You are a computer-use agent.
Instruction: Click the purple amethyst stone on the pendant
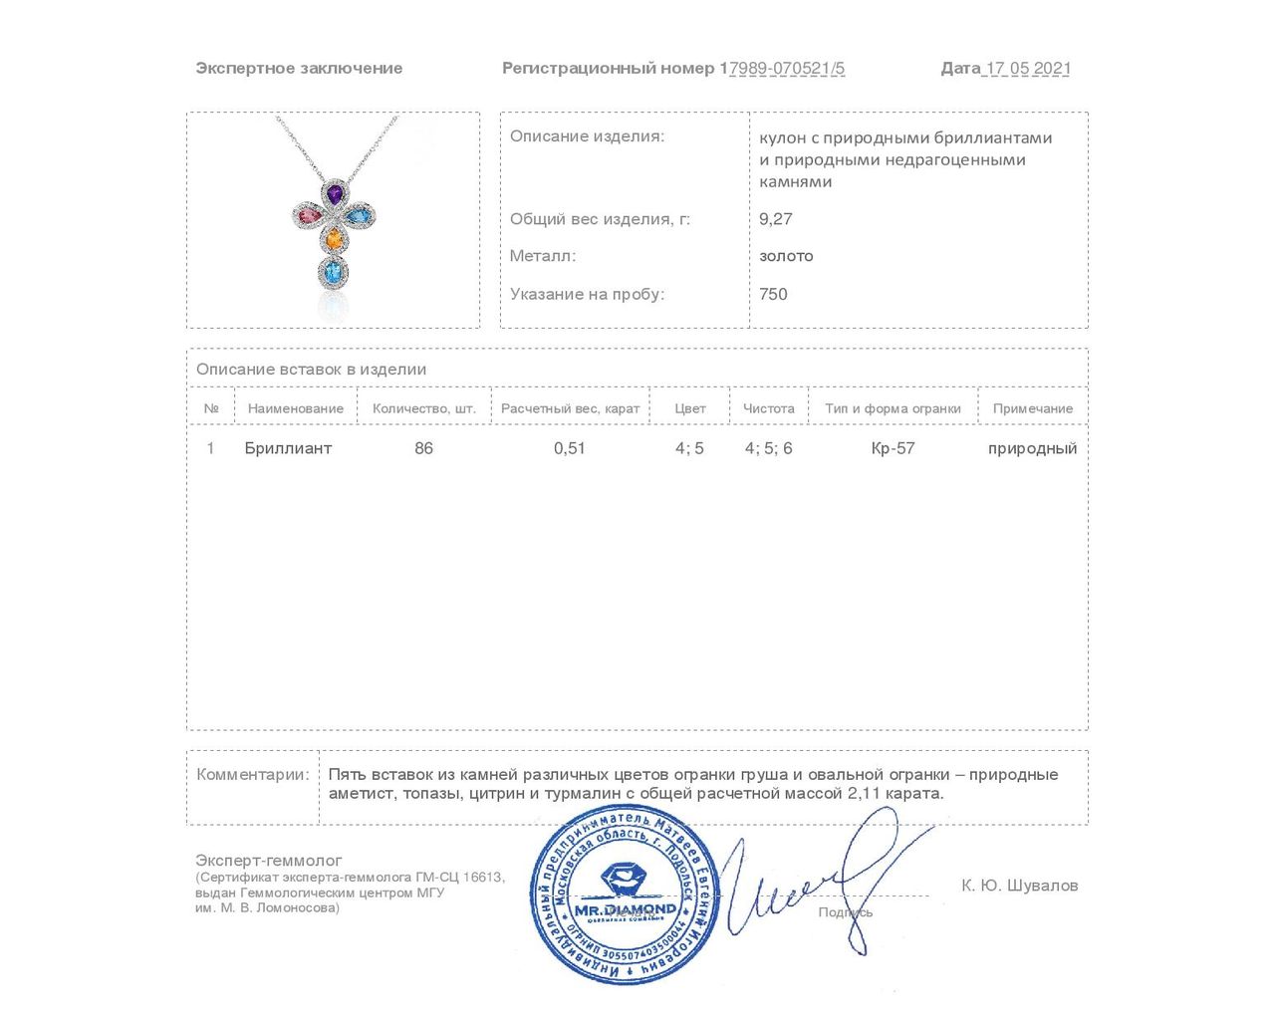335,193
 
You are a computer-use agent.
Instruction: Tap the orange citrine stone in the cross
335,239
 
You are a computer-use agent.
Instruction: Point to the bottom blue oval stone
333,270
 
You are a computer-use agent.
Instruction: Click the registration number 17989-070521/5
783,69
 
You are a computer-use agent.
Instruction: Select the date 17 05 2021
1027,69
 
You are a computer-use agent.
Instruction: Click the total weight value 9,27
776,219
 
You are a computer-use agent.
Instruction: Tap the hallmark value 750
773,294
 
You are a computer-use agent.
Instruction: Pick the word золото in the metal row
786,256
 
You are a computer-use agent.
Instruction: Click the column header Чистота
769,408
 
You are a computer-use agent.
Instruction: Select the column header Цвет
690,408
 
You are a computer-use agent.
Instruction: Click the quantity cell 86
424,448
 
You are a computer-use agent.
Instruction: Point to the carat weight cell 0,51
570,448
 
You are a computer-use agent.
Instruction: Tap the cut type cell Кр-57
892,448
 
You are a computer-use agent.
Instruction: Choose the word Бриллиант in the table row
288,448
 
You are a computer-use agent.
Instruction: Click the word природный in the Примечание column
1032,448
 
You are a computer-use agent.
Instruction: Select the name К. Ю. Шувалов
1019,886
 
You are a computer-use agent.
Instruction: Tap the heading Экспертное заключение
299,69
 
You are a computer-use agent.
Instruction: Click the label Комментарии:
253,775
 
